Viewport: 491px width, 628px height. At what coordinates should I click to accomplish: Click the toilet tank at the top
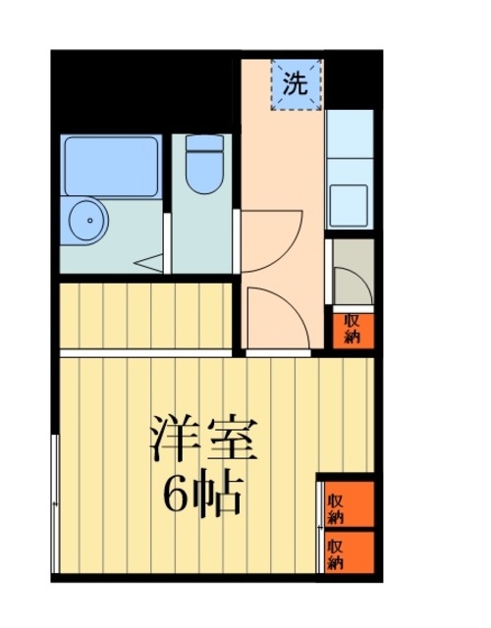click(204, 144)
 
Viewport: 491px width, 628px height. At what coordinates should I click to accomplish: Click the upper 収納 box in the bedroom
click(346, 505)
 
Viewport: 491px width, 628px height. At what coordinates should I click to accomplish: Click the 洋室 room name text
click(202, 439)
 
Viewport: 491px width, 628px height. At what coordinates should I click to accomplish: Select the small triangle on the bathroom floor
click(150, 263)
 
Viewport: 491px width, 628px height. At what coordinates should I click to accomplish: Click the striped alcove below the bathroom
click(145, 316)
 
